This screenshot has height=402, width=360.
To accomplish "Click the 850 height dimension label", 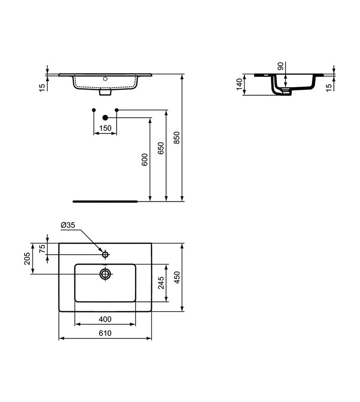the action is coord(177,138).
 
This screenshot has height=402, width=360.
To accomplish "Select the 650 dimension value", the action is coord(161,148).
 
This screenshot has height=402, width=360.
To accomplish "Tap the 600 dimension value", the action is coord(145,160).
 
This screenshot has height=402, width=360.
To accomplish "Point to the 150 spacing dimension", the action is coord(105,128).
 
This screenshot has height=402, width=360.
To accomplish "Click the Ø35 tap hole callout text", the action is coord(68,225).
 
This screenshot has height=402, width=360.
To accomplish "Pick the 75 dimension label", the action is coord(42,248).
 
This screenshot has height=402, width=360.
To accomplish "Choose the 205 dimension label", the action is coord(27,258).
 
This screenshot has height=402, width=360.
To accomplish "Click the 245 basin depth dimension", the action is coord(161,283).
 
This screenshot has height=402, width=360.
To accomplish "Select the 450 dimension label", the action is coord(177,277).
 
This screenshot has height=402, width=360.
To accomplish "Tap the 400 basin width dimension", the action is coord(105,319).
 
